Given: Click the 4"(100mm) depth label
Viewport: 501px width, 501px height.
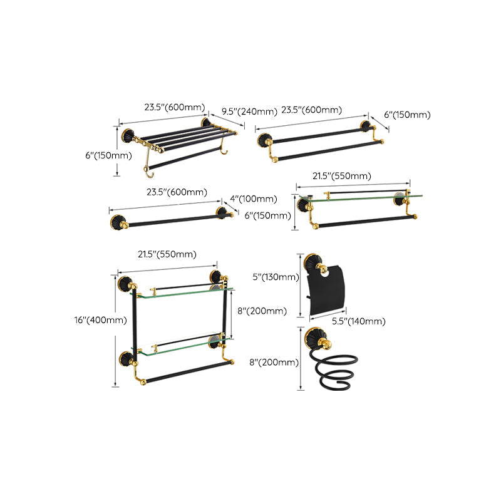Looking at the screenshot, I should point(254,199).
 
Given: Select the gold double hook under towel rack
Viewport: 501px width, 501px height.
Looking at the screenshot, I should point(149,160).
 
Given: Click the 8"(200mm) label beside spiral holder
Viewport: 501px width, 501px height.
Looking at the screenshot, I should point(274,362).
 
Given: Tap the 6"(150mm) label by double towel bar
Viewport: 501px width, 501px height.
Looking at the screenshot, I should point(408,115).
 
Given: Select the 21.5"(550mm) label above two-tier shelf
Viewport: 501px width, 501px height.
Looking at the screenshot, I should point(167,254).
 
